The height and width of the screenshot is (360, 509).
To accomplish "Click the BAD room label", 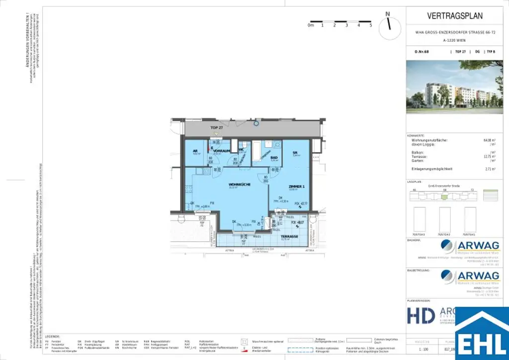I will coord(274,158).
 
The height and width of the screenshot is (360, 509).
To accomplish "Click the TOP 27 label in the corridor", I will coord(217,128).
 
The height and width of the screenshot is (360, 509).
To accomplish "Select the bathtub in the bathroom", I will coord(257,152).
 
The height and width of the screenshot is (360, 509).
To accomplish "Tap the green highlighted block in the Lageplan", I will coord(444,196).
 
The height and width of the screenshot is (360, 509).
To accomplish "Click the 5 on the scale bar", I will coord(371,25).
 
